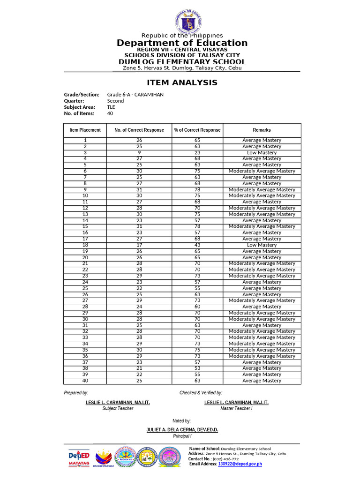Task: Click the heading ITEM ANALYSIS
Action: [182, 82]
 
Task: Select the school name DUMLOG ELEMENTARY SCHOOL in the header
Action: [182, 62]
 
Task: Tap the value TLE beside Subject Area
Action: [111, 107]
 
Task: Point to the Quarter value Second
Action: [115, 101]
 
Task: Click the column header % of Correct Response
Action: [197, 130]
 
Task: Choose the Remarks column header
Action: [262, 130]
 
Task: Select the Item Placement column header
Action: [85, 130]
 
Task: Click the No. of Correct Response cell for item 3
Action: [139, 152]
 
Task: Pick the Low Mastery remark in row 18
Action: [262, 245]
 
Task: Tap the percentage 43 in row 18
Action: [197, 245]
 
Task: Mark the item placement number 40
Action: [85, 381]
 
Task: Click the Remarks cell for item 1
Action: [262, 140]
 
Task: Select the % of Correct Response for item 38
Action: [197, 368]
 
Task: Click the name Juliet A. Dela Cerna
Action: [182, 429]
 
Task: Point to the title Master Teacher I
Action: [236, 409]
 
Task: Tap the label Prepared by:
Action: [76, 393]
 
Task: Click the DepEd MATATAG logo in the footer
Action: [79, 458]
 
